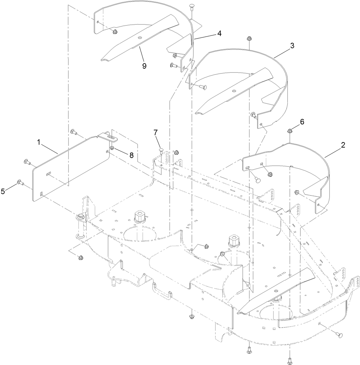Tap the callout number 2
tap(343, 145)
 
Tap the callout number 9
tap(144, 65)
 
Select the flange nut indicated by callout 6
tap(289, 131)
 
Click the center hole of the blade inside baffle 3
tap(235, 90)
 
